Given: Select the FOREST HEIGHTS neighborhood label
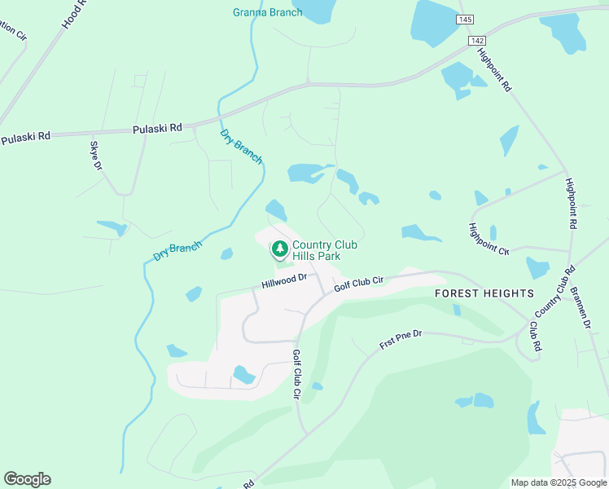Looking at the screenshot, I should point(484,293).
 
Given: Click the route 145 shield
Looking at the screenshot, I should point(465,19).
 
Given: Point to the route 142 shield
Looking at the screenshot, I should point(477,40).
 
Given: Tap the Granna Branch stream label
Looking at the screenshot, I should point(267,12).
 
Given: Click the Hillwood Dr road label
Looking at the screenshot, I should point(283,282).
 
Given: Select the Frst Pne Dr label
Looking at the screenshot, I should point(401,340).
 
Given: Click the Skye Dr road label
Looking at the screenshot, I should point(96,156).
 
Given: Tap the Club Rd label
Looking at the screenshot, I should point(535,335).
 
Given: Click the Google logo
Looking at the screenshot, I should point(27,479).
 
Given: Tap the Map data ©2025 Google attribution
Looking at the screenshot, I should point(558,482).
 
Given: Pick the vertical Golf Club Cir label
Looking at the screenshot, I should point(296,374).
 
